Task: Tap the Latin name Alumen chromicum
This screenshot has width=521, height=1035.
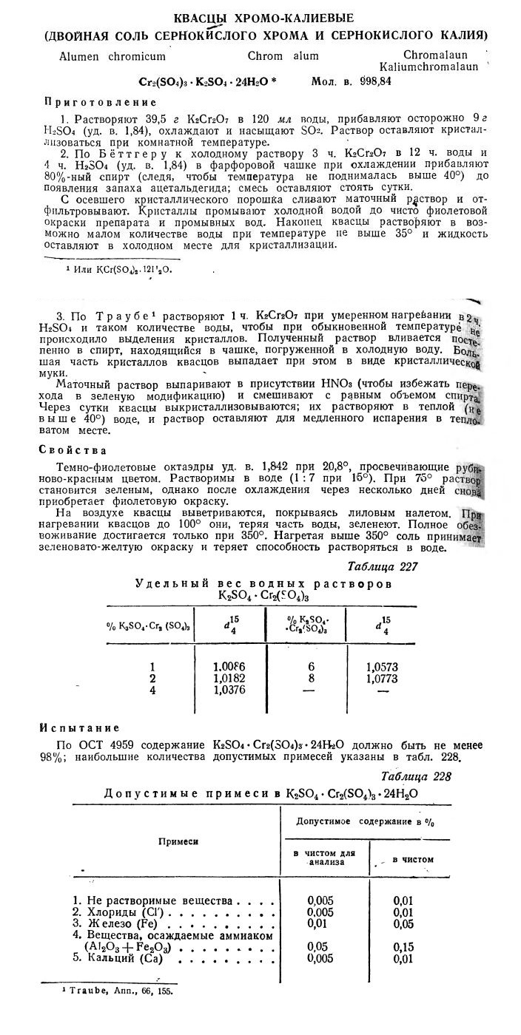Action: [x=112, y=55]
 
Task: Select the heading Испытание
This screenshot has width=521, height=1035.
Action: [x=79, y=728]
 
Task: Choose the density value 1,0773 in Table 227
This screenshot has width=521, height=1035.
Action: [x=383, y=677]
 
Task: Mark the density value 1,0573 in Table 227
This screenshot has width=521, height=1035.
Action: [x=383, y=665]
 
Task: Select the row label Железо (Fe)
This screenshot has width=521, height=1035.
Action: [x=120, y=924]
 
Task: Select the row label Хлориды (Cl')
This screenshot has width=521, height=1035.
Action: [x=122, y=912]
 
